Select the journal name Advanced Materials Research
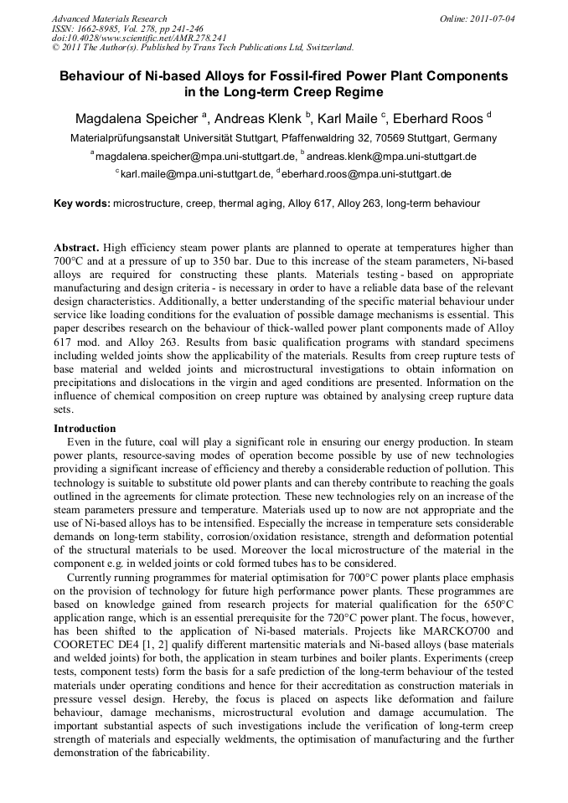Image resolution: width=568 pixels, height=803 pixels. coord(109,18)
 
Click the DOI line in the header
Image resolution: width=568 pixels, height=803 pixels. coord(139,38)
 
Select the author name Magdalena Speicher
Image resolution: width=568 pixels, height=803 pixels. coord(133,118)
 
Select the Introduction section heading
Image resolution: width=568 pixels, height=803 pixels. coord(85,428)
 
